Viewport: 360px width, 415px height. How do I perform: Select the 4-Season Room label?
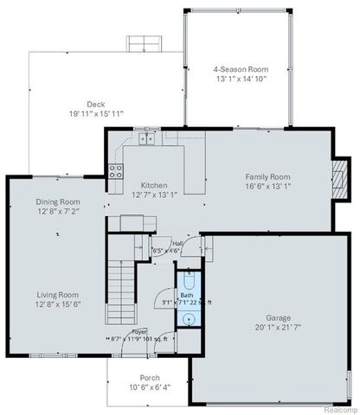pos(241,69)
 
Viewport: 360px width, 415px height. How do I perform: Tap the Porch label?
pos(149,378)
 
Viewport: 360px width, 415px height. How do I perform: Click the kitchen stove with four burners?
pos(114,171)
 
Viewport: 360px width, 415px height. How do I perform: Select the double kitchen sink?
pos(148,137)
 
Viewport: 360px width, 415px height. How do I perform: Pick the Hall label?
pos(177,244)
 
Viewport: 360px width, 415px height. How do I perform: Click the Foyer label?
pos(138,331)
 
